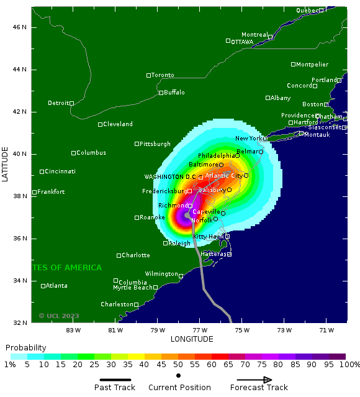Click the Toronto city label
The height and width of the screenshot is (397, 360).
pyautogui.click(x=163, y=75)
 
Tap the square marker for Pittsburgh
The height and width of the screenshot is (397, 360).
pyautogui.click(x=137, y=144)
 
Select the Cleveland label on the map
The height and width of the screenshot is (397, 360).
pyautogui.click(x=118, y=124)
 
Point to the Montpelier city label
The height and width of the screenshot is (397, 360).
pyautogui.click(x=312, y=65)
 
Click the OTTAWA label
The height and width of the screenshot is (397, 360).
pyautogui.click(x=242, y=42)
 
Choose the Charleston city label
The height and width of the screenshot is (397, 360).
pyautogui.click(x=117, y=304)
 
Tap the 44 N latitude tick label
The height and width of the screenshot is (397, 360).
pyautogui.click(x=20, y=70)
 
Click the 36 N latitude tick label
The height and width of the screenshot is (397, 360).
pyautogui.click(x=20, y=239)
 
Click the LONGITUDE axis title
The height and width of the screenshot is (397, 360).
pyautogui.click(x=192, y=339)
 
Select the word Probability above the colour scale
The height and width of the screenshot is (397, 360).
pyautogui.click(x=26, y=347)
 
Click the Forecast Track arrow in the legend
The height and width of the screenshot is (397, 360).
pyautogui.click(x=254, y=380)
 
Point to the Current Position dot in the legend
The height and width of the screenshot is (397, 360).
pyautogui.click(x=179, y=375)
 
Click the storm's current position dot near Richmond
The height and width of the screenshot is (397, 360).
pyautogui.click(x=187, y=216)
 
